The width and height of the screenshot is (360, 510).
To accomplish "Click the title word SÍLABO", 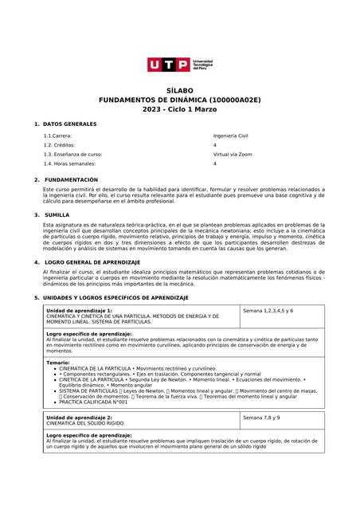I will coord(179,91).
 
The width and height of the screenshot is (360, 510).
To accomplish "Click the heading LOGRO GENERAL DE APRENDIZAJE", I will coord(91,261).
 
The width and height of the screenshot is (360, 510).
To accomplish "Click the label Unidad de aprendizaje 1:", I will coord(79,310).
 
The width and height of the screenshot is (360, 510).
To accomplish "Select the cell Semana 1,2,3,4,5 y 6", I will coord(268,310).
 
